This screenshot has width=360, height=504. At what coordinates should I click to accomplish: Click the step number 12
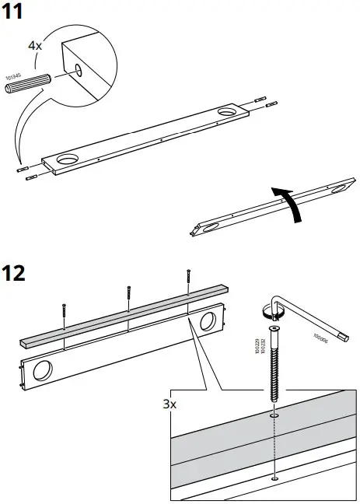tap(16, 273)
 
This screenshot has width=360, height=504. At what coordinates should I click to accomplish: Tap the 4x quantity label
tap(35, 46)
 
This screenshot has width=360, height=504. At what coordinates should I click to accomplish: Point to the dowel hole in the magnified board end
tap(79, 71)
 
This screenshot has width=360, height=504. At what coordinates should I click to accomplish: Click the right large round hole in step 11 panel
tap(227, 114)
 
